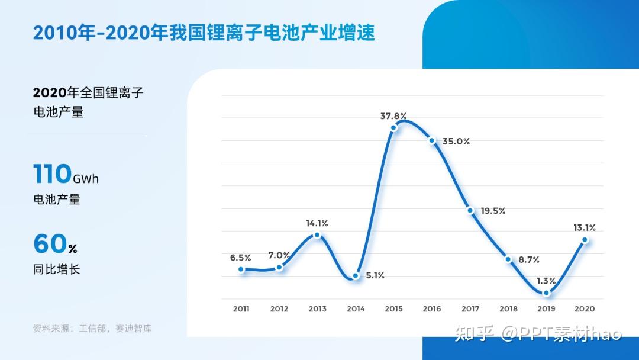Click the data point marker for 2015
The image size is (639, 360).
tap(393, 128)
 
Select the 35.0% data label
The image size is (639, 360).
tap(456, 142)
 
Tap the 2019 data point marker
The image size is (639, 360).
tap(547, 292)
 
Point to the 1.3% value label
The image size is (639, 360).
tap(546, 281)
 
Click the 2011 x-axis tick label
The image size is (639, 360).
tap(241, 309)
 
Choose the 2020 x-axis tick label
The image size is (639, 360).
tap(585, 309)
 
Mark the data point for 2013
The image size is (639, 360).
tap(318, 235)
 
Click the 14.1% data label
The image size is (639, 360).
tap(317, 223)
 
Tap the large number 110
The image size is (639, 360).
tap(52, 173)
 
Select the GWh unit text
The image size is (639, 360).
tap(86, 179)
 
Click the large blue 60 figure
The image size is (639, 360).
tap(50, 244)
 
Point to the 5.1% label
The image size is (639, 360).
tap(375, 275)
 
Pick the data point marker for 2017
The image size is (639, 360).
tap(470, 210)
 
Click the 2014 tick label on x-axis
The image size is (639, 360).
tap(356, 309)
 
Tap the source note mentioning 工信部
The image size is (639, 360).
tap(92, 329)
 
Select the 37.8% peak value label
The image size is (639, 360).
tap(393, 116)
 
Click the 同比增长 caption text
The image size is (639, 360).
tap(57, 269)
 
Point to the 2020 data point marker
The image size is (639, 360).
tap(585, 240)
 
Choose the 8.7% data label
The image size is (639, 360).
tap(529, 260)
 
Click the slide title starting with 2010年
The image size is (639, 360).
tap(204, 33)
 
